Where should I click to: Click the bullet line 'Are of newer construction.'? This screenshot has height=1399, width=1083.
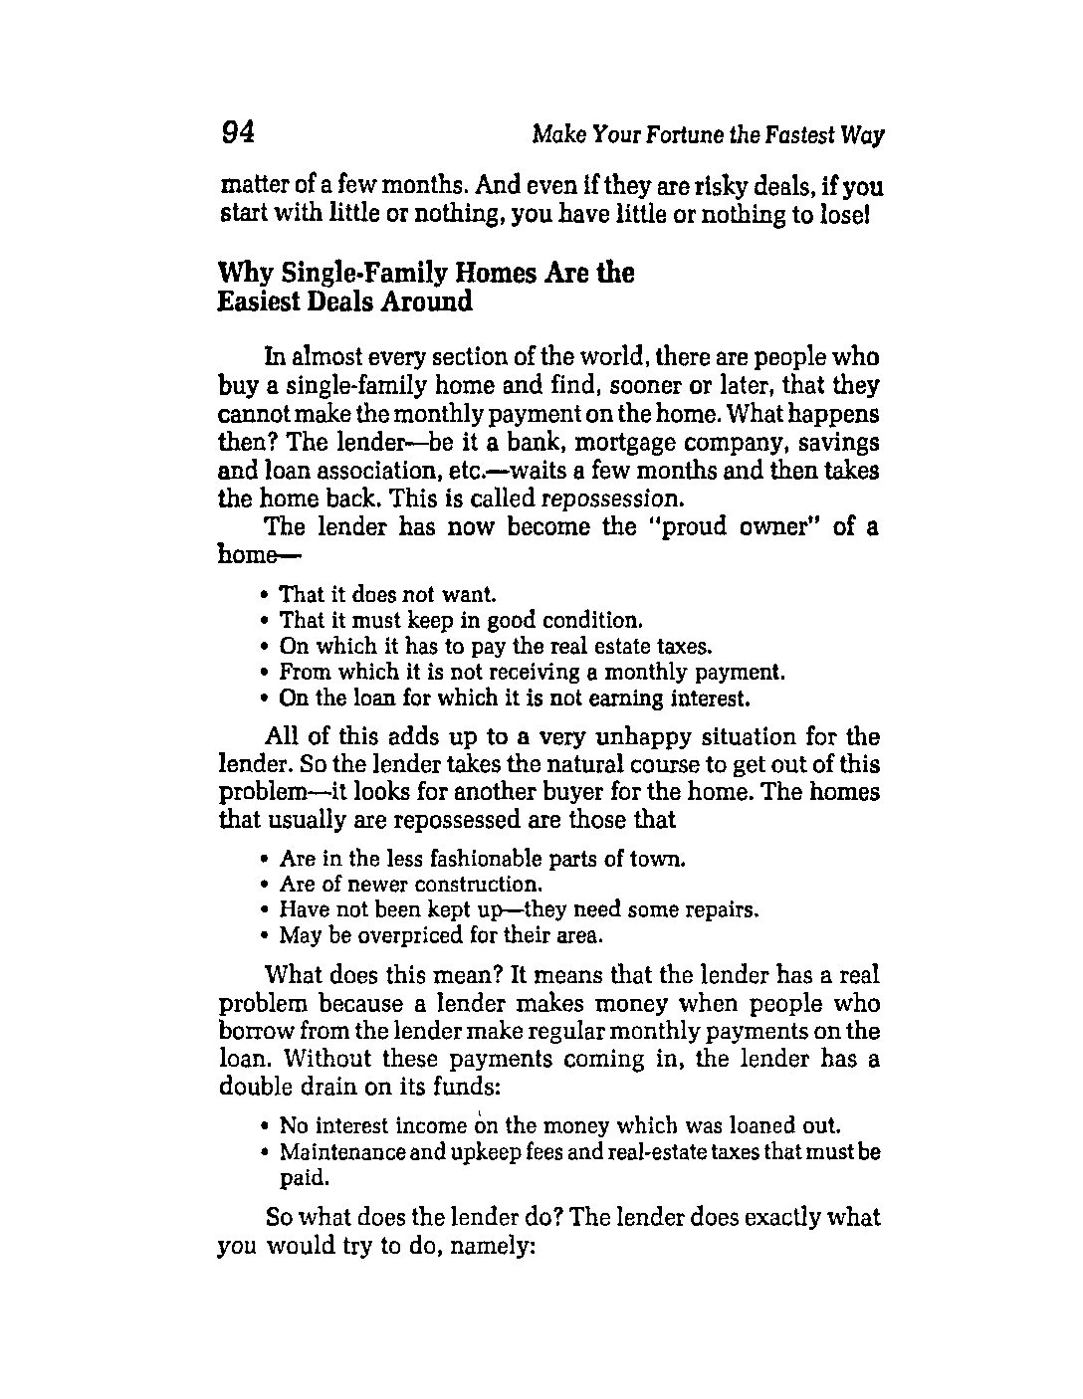(x=410, y=884)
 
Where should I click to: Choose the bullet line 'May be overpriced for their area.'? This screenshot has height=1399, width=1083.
(x=442, y=935)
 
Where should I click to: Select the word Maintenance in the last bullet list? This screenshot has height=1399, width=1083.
(x=344, y=1152)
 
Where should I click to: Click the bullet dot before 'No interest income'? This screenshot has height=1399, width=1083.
(x=265, y=1127)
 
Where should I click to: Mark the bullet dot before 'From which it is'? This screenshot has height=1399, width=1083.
(x=265, y=673)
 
